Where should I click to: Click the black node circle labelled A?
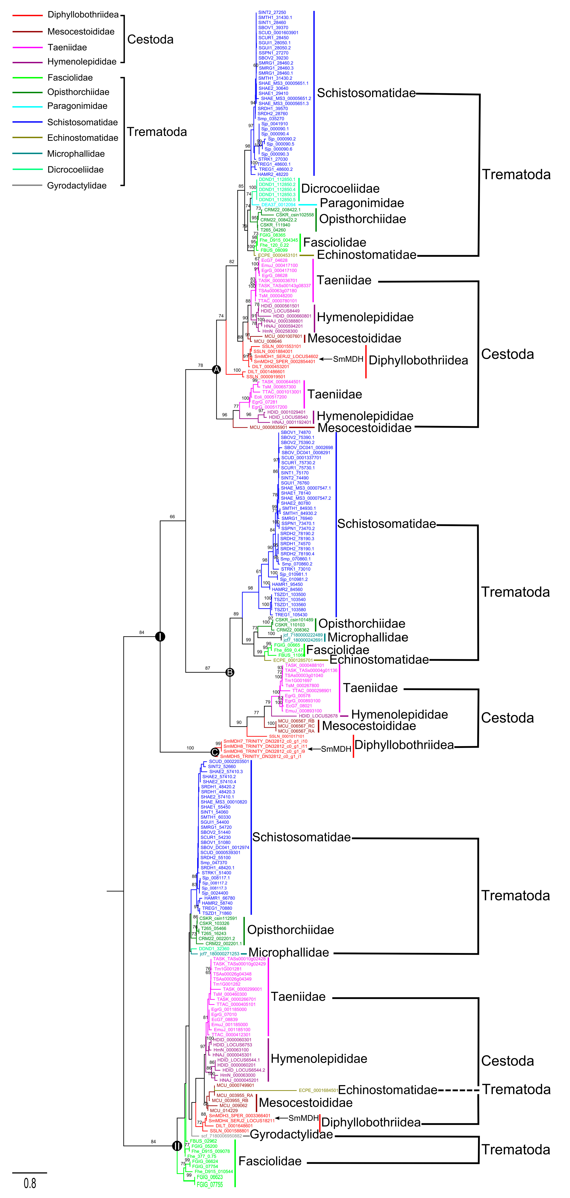pyautogui.click(x=216, y=370)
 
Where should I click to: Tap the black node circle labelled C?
pyautogui.click(x=215, y=752)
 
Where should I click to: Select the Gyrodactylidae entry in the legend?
pyautogui.click(x=77, y=186)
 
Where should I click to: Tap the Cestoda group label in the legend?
pyautogui.click(x=150, y=40)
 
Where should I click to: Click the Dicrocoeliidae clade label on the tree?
pyautogui.click(x=340, y=188)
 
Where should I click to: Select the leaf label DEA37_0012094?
pyautogui.click(x=278, y=205)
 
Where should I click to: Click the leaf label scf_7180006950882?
pyautogui.click(x=221, y=1136)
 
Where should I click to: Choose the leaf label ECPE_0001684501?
pyautogui.click(x=318, y=1090)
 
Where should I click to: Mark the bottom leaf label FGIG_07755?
pyautogui.click(x=210, y=1185)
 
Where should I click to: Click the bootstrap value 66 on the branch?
pyautogui.click(x=172, y=517)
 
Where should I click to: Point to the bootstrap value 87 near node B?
pyautogui.click(x=207, y=668)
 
